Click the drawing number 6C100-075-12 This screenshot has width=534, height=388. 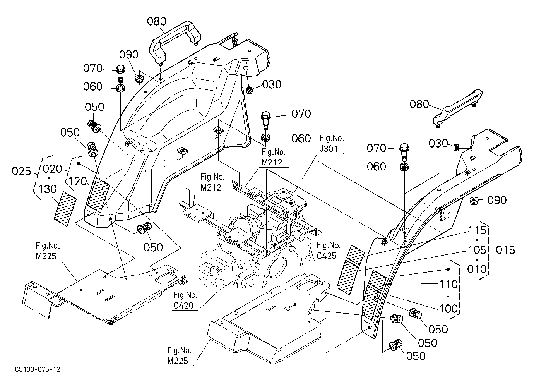point(38,370)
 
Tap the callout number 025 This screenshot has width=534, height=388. point(21,171)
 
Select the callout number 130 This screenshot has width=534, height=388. point(48,189)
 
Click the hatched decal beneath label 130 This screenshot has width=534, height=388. point(65,209)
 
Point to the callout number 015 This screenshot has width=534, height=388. point(505,250)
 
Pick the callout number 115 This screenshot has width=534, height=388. point(477,230)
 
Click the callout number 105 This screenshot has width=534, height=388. point(477,250)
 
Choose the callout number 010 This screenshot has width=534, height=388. point(477,269)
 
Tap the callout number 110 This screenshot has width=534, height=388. point(448,284)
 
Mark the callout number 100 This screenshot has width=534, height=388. point(448,309)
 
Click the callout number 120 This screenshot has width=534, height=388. point(78,182)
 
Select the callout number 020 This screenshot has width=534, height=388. point(53,169)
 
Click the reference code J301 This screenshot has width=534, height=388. point(329,149)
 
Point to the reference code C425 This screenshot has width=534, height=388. point(326,256)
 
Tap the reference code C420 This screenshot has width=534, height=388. point(183,306)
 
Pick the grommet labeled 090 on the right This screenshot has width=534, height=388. point(474,201)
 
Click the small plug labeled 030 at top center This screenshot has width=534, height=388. point(250,91)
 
